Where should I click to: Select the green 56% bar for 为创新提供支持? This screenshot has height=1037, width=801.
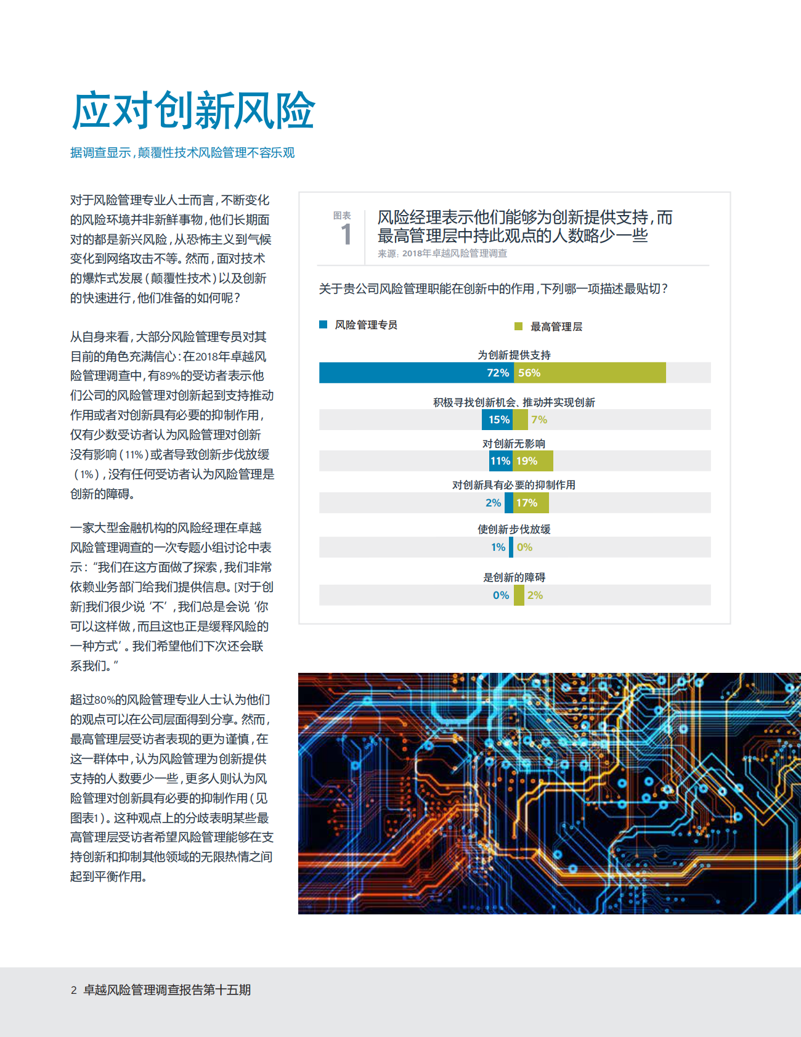(x=590, y=373)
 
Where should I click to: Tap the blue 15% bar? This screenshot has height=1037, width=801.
(x=498, y=420)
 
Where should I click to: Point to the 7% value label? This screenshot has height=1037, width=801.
(x=539, y=420)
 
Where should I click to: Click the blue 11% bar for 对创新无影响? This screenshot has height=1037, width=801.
(x=501, y=461)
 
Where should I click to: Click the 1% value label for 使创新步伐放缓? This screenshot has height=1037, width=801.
(x=498, y=547)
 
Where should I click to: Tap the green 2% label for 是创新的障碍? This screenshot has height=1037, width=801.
(x=535, y=595)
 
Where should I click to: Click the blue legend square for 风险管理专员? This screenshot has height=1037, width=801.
(x=323, y=325)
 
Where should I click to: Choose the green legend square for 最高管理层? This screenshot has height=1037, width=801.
(x=518, y=326)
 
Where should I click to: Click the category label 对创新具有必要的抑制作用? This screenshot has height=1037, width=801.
(x=514, y=485)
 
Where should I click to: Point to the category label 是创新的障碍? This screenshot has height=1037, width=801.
(x=514, y=577)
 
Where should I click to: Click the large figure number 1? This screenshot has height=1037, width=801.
(x=346, y=235)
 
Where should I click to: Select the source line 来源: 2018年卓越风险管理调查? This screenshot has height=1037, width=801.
(x=442, y=253)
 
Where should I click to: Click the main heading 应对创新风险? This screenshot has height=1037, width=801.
(x=193, y=111)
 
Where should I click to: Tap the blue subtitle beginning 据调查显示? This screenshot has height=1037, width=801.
(x=182, y=153)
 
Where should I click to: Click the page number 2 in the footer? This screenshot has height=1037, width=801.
(x=74, y=990)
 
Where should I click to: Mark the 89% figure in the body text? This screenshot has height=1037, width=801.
(x=169, y=376)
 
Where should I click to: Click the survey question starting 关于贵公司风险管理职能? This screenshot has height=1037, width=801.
(x=493, y=289)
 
